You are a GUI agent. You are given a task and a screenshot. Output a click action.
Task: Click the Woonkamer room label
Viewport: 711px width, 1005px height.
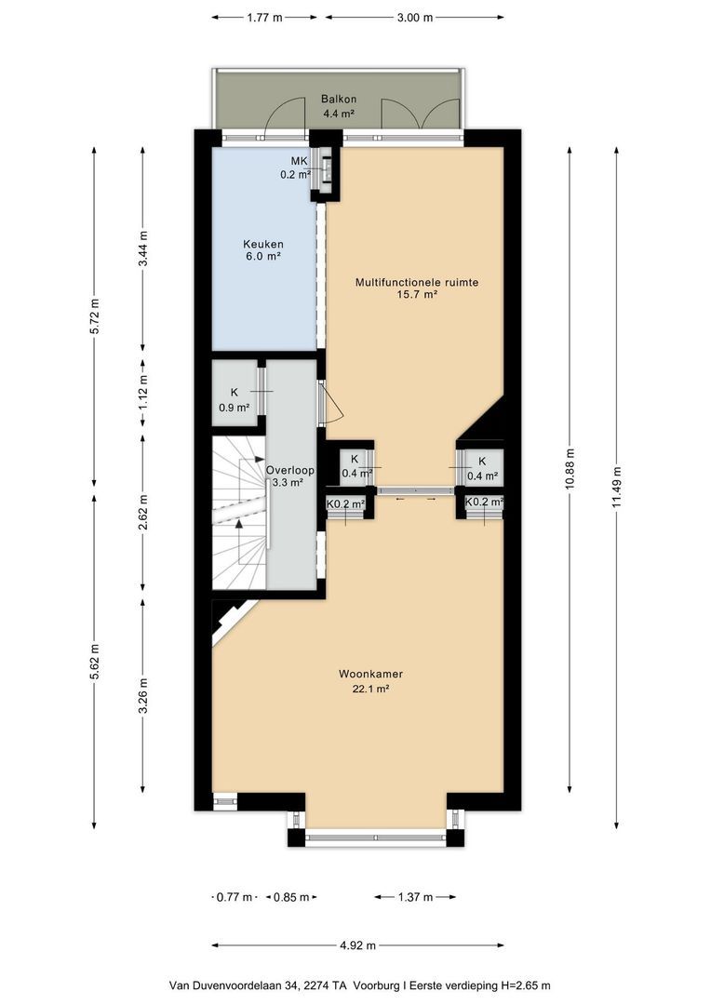(x=370, y=674)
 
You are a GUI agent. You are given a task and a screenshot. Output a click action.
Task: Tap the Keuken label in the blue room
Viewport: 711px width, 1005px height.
(x=262, y=244)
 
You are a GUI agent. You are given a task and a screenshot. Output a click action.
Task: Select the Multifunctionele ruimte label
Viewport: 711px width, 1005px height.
(x=417, y=282)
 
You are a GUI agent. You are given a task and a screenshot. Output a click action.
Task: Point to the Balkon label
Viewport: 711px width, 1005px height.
(x=339, y=100)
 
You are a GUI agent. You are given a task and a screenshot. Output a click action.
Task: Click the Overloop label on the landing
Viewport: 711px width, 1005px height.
(x=290, y=470)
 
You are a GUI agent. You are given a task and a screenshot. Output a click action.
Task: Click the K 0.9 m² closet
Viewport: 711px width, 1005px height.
(x=235, y=393)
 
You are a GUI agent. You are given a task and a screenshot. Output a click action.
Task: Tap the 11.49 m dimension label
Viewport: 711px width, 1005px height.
(x=617, y=487)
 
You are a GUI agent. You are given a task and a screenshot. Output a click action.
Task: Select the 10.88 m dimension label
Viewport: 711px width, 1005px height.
(x=570, y=469)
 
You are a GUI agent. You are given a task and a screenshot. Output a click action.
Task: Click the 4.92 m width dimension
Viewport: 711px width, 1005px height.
(x=357, y=945)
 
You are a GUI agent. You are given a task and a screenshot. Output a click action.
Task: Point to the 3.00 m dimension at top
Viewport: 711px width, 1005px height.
(x=415, y=18)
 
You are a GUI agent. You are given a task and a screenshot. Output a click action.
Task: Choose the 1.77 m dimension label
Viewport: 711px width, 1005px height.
(x=265, y=18)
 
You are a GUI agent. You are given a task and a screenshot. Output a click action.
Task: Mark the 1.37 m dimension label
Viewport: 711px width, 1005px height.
(x=415, y=897)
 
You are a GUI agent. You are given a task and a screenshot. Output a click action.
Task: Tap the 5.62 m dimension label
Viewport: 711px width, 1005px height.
(x=94, y=663)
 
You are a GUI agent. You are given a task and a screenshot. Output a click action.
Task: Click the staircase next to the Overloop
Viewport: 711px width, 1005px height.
(x=239, y=514)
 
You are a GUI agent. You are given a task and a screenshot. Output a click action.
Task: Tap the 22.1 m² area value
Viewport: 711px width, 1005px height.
(x=370, y=689)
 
